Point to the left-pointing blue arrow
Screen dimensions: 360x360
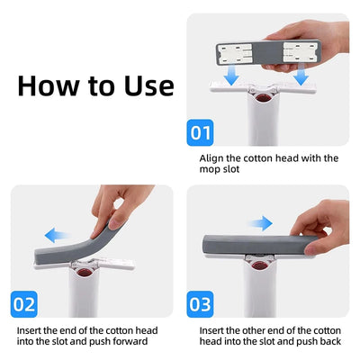[x=56, y=235]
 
